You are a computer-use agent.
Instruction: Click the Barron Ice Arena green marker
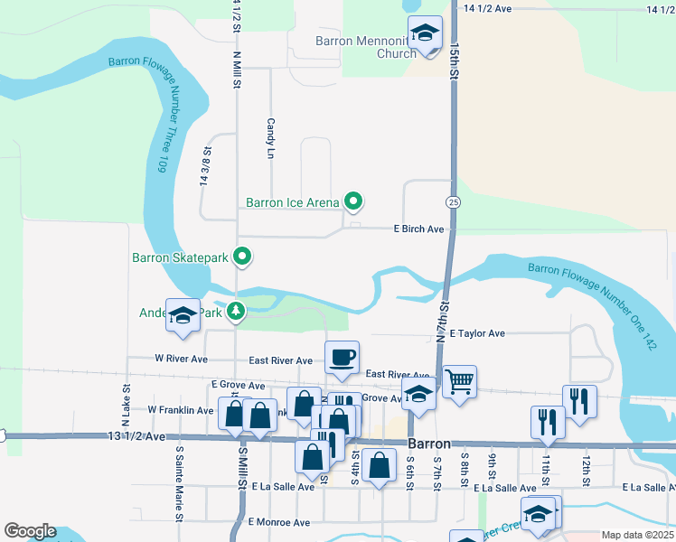tap(354, 202)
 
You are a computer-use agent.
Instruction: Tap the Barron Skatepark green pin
tap(241, 257)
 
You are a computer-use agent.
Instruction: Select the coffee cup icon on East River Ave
tap(342, 358)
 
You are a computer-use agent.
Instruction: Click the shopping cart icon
tap(459, 382)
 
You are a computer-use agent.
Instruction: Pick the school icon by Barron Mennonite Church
tap(425, 34)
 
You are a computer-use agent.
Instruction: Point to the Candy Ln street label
tap(269, 138)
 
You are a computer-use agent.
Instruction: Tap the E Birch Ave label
tap(418, 229)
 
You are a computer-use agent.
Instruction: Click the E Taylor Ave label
tap(476, 333)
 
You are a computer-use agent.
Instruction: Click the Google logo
tap(30, 531)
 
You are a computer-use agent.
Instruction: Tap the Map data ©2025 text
tap(637, 535)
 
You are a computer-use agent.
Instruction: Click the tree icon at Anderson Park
tap(236, 312)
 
